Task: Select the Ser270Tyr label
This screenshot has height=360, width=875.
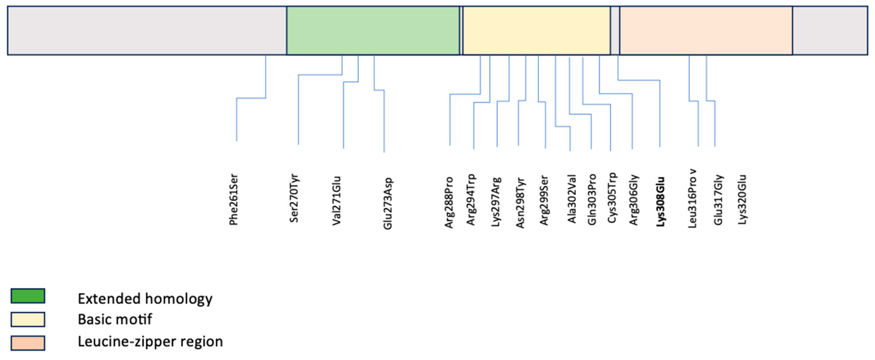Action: [294, 198]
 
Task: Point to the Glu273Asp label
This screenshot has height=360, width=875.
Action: [388, 203]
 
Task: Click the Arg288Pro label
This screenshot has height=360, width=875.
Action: [449, 202]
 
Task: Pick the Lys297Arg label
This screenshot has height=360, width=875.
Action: [496, 202]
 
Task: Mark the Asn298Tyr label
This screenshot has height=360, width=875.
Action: [521, 202]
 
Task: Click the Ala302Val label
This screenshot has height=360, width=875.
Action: [572, 199]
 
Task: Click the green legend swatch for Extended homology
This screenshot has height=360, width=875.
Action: [28, 296]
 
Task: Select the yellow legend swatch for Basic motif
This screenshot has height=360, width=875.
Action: [28, 320]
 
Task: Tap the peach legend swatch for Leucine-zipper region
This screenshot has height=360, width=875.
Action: [28, 343]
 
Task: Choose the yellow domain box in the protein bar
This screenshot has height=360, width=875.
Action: [537, 30]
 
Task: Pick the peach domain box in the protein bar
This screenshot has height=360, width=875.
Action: [706, 30]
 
